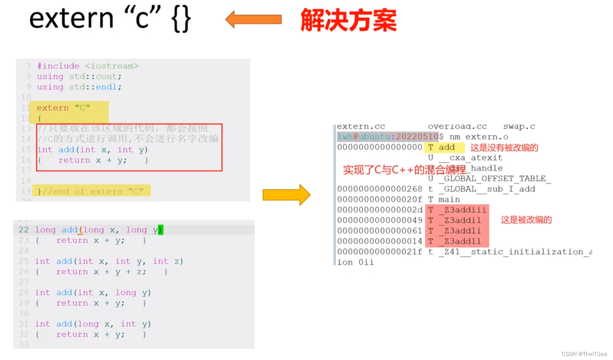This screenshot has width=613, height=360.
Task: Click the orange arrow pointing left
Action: coord(253,19)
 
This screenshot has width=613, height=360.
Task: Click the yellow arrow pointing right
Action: coord(286,195)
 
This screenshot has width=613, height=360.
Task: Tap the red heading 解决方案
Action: coord(348,20)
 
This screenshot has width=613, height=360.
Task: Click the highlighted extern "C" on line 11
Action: coord(63,108)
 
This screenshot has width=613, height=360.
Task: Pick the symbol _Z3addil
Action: coord(462,220)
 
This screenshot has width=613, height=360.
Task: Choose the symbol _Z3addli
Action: coord(462,230)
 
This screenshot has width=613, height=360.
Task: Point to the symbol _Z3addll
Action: coord(462,241)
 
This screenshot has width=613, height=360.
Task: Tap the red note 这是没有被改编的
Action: coord(504,148)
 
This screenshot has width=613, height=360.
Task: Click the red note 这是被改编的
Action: coord(526,220)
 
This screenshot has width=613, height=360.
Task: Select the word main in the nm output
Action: coord(449,199)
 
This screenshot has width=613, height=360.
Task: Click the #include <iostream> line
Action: coord(88,66)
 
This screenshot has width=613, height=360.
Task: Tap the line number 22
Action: coord(24,230)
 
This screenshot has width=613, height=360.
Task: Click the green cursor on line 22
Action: coord(160,230)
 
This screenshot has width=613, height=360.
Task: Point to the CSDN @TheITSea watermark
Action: coord(584,354)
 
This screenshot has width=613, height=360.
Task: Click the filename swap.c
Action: coord(519,127)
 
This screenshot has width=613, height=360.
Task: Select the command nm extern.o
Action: coord(479,137)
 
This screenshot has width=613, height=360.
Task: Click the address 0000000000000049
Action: coord(380,220)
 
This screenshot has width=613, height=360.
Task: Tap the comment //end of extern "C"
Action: coord(93,191)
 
